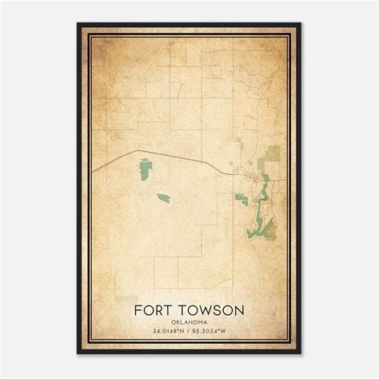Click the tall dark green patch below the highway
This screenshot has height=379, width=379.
point(146,168)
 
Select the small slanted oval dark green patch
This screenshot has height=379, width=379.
point(163,197)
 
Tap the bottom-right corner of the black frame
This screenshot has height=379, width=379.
point(301,353)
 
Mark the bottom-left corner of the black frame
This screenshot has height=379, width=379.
point(78,353)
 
